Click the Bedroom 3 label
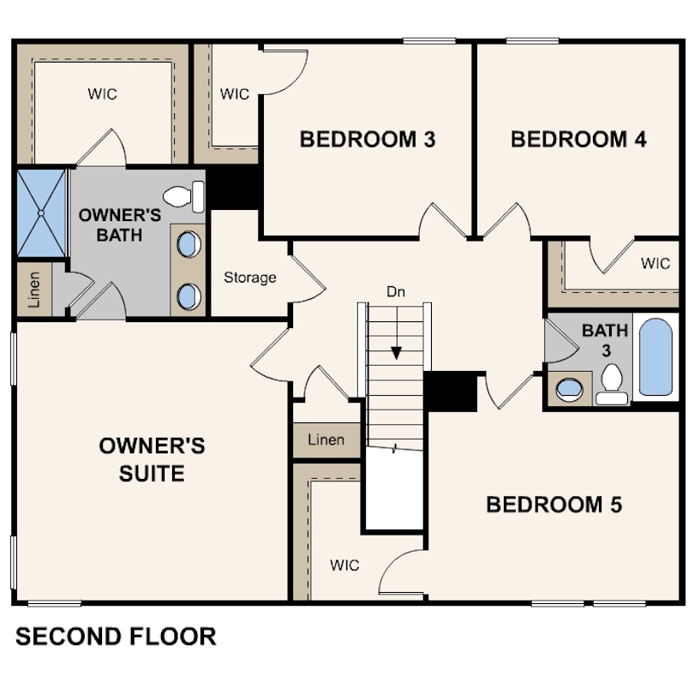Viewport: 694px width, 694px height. (x=368, y=140)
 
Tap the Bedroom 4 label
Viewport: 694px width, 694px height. (x=578, y=140)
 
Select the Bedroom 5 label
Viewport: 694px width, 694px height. (x=554, y=505)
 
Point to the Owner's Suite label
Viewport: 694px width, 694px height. (x=152, y=459)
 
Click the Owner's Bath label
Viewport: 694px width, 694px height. (x=119, y=224)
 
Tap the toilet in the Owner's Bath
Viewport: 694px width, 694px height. (x=183, y=196)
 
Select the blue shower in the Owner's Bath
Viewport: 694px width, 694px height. (x=41, y=212)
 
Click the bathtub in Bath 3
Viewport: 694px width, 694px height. (x=655, y=357)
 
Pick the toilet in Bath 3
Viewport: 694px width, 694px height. (x=612, y=384)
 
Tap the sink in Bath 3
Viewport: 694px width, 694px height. (x=569, y=389)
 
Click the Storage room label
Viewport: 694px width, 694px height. (x=250, y=278)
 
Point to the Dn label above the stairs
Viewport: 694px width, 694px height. (x=396, y=291)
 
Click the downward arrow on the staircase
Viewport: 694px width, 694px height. (x=397, y=332)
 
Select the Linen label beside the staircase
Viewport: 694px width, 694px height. (x=326, y=440)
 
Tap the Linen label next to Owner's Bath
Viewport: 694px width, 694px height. (x=34, y=290)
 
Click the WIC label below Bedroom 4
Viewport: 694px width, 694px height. (x=655, y=263)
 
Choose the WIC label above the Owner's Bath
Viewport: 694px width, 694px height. (x=102, y=94)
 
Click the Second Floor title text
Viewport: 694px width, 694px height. (x=116, y=637)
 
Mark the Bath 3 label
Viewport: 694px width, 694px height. (x=606, y=340)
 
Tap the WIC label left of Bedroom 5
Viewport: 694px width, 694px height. (x=344, y=565)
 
